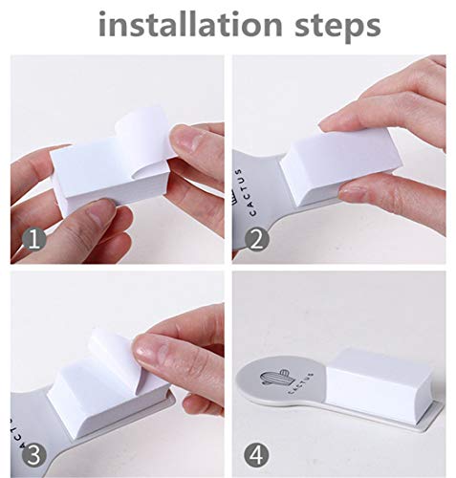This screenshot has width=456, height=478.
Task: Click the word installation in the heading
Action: (x=190, y=24)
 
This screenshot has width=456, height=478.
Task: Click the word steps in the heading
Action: (x=337, y=27)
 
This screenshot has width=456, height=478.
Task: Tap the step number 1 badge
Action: (x=34, y=240)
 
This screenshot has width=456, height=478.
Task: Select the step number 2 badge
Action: (x=256, y=240)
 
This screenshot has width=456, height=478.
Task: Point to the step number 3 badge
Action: (x=34, y=455)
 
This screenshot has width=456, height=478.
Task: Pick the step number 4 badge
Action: (x=256, y=455)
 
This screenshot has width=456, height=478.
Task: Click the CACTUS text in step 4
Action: (x=300, y=383)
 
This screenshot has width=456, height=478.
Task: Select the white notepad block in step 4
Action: (x=380, y=385)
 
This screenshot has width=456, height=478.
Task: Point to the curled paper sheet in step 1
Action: (x=143, y=141)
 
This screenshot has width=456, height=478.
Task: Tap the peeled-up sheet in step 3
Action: (x=118, y=357)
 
